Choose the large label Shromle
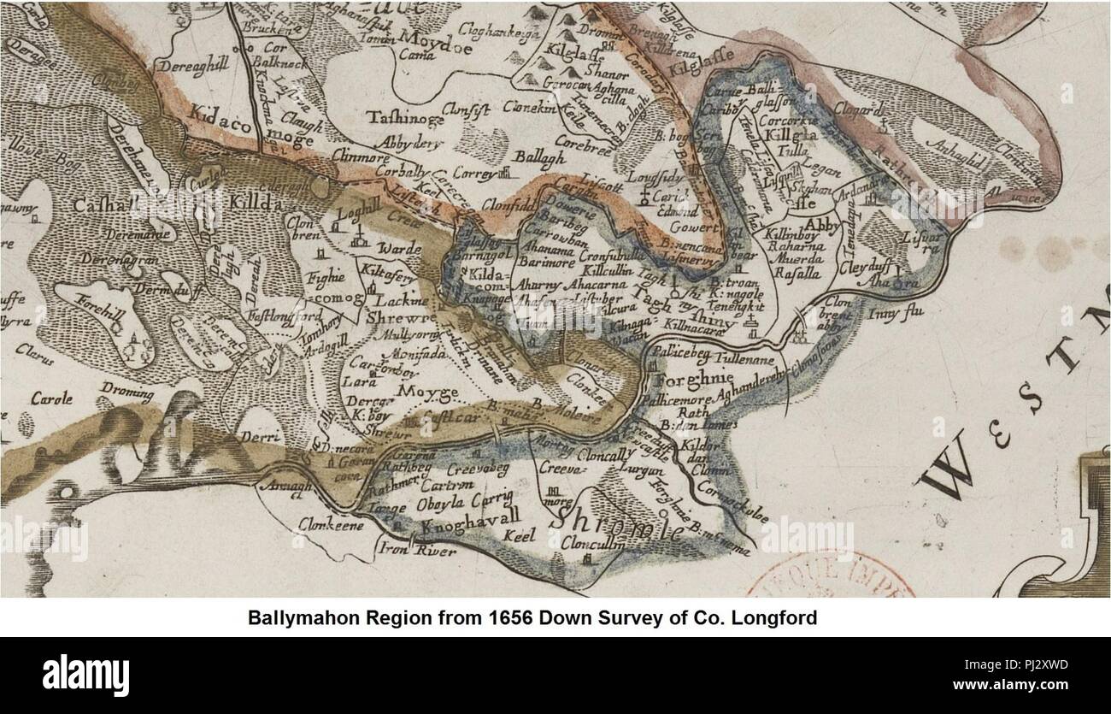[617, 522]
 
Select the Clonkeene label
[331, 525]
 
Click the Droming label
[126, 394]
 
